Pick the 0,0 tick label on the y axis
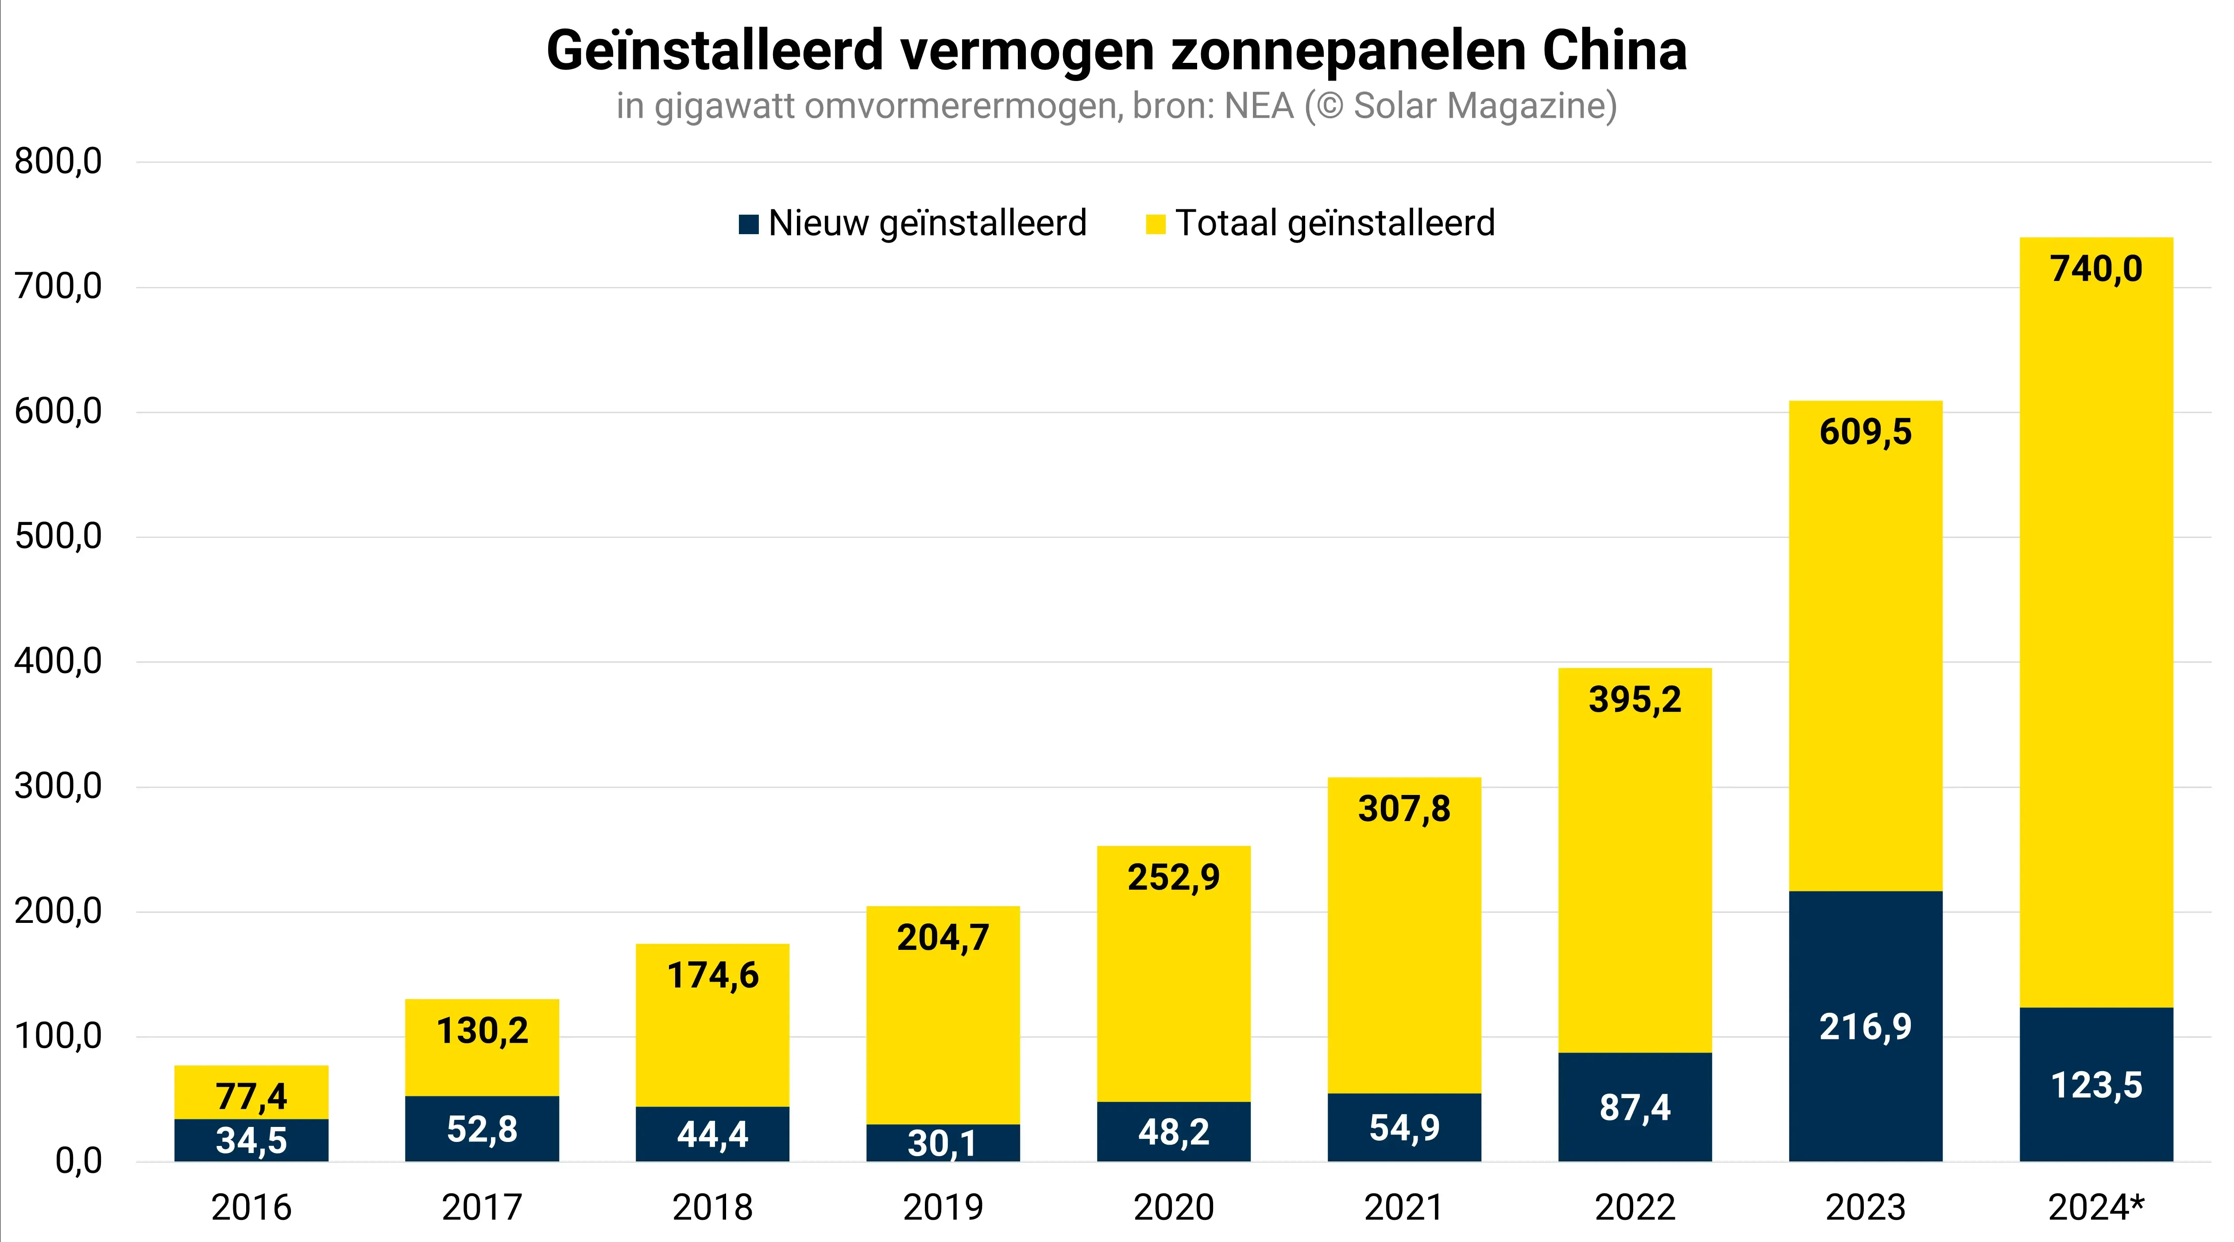click(78, 1161)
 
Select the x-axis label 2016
click(251, 1207)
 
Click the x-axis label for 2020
click(1173, 1207)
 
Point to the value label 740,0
click(2096, 269)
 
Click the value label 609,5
click(1865, 432)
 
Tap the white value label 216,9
click(1865, 1027)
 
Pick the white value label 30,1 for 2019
click(943, 1143)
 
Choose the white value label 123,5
click(2096, 1085)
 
